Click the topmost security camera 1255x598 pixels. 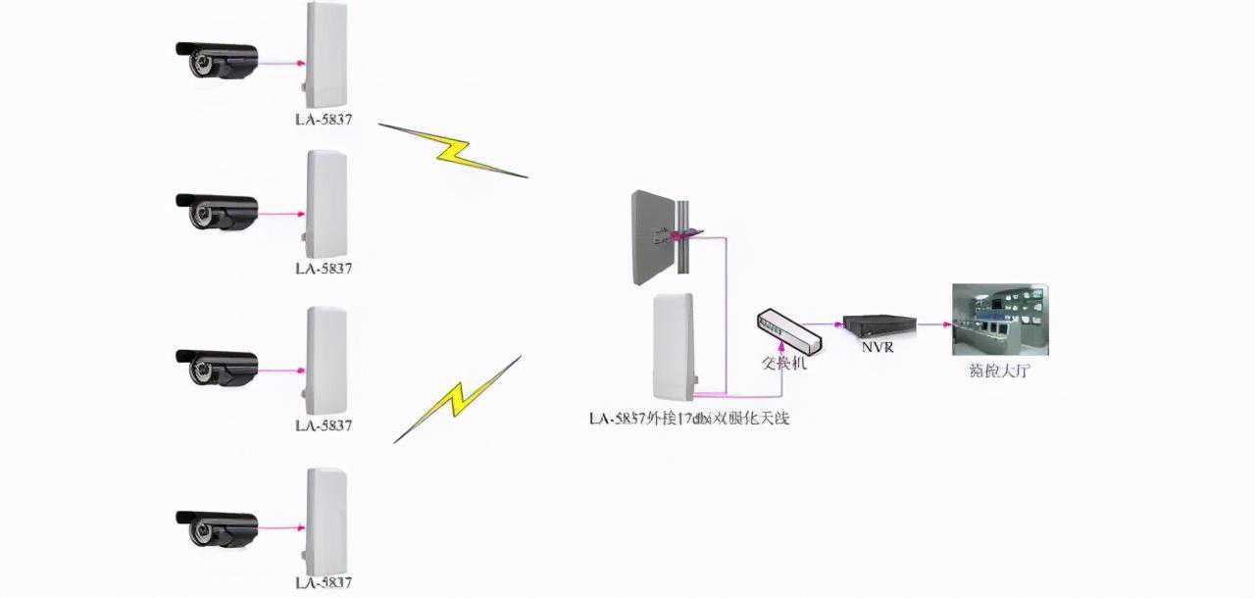[x=217, y=60]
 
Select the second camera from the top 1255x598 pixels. [x=217, y=211]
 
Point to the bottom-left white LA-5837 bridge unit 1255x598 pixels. [x=326, y=523]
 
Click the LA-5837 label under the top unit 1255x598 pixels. [x=324, y=121]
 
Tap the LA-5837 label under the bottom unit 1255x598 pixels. [x=324, y=583]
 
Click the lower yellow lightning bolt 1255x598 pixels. [x=457, y=399]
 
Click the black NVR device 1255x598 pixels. [x=879, y=324]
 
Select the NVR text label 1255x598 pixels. [x=877, y=347]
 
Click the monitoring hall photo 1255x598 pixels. [x=999, y=319]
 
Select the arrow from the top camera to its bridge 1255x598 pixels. [x=279, y=63]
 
